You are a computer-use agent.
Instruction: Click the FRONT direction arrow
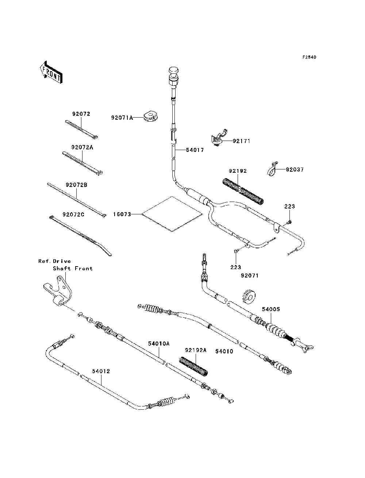(51, 72)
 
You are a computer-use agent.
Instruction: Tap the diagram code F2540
(309, 57)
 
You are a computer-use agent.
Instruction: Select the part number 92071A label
(122, 118)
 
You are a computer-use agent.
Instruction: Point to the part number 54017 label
(195, 150)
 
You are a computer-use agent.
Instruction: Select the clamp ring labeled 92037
(272, 169)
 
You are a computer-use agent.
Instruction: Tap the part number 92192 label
(238, 171)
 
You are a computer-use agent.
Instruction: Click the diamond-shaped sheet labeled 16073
(172, 214)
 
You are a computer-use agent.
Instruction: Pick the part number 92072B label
(77, 185)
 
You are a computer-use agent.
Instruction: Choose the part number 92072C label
(73, 214)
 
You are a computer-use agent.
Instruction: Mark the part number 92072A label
(82, 148)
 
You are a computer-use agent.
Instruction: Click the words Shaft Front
(73, 268)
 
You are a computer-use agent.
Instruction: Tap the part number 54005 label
(271, 309)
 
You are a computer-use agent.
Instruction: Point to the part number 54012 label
(101, 371)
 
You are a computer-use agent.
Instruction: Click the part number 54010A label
(159, 344)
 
